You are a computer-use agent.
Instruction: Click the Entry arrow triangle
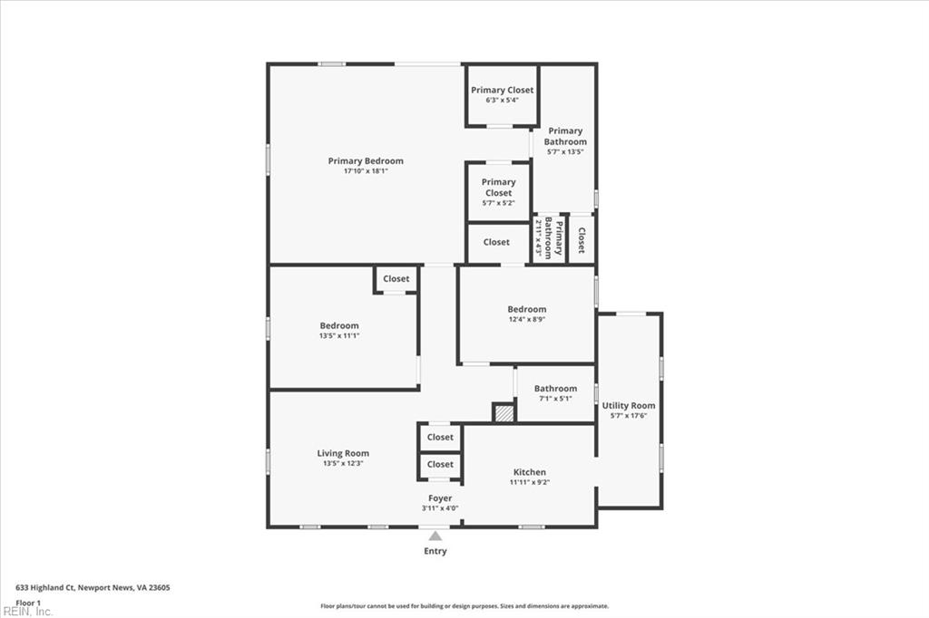(435, 536)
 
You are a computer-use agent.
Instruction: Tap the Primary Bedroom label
(366, 161)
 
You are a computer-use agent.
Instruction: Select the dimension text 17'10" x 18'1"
(366, 171)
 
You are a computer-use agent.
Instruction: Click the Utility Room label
(629, 406)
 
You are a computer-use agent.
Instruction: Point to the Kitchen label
(530, 472)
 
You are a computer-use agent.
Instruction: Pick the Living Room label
(343, 453)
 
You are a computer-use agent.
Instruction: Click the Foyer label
(440, 498)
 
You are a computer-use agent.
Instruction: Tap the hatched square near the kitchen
(504, 413)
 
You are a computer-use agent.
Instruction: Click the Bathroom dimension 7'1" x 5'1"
(555, 399)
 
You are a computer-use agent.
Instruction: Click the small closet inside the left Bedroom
(396, 279)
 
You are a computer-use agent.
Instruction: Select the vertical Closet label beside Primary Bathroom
(582, 239)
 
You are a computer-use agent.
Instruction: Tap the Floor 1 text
(29, 603)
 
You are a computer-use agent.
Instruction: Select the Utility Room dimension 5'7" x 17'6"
(629, 416)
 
